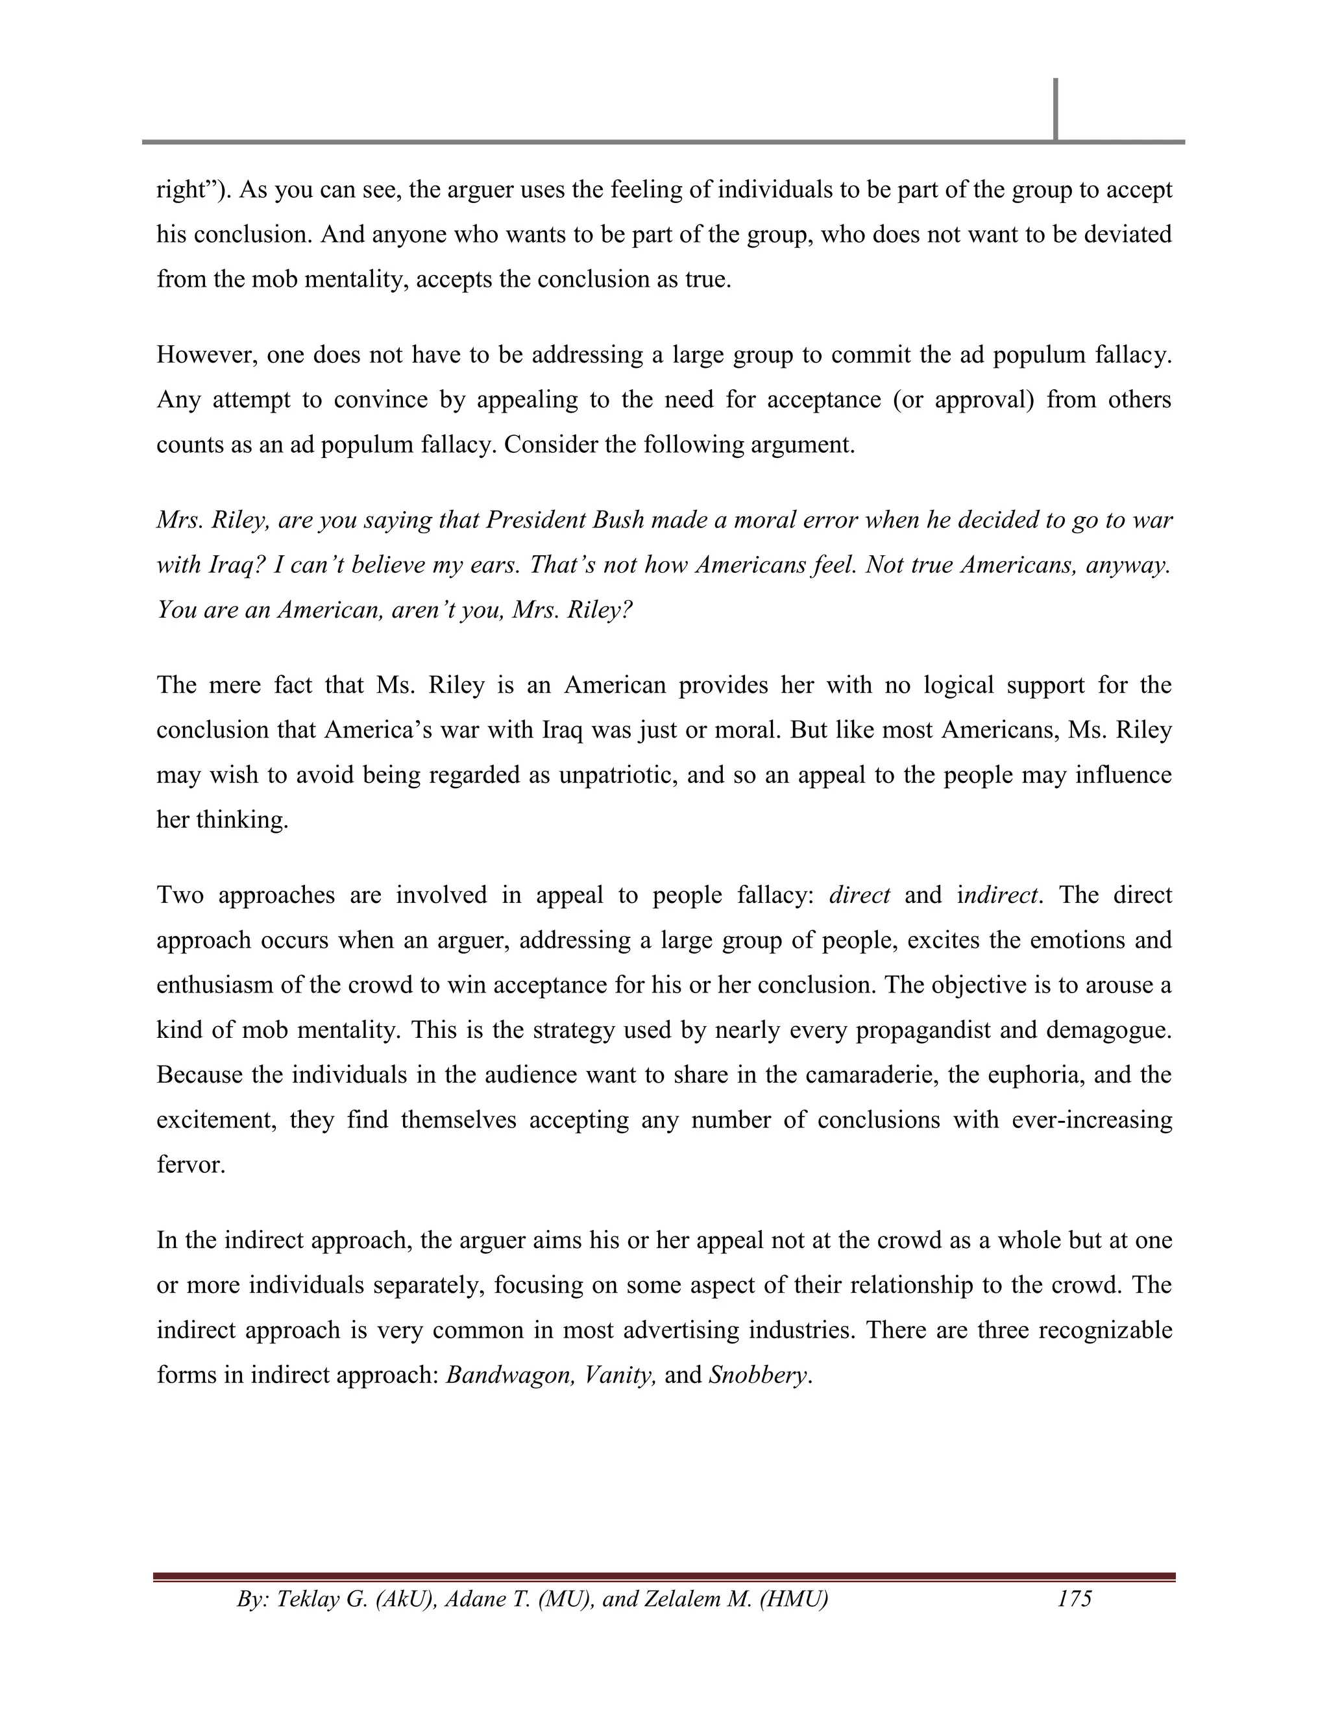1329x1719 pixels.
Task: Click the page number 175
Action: tap(1074, 1598)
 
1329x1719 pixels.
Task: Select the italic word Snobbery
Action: tap(758, 1375)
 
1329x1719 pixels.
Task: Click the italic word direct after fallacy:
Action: tap(859, 895)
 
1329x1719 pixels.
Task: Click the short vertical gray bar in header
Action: tap(1055, 110)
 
